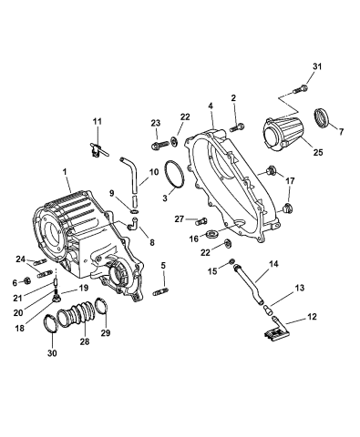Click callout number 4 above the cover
coord(211,106)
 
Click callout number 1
coord(65,170)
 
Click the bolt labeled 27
coord(201,218)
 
